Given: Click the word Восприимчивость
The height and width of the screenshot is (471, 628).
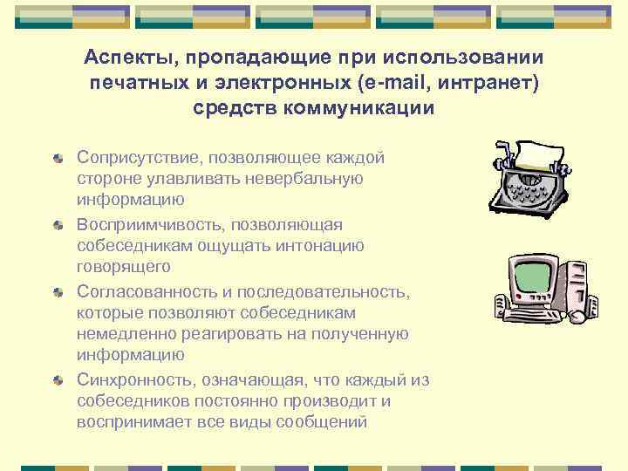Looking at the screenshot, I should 149,224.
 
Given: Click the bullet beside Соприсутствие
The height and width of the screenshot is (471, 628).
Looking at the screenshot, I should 58,158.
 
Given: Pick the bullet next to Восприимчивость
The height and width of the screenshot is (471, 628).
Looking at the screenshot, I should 58,225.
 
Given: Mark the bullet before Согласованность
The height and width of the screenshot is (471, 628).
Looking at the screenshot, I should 58,291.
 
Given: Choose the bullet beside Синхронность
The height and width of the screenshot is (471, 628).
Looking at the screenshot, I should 58,380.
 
